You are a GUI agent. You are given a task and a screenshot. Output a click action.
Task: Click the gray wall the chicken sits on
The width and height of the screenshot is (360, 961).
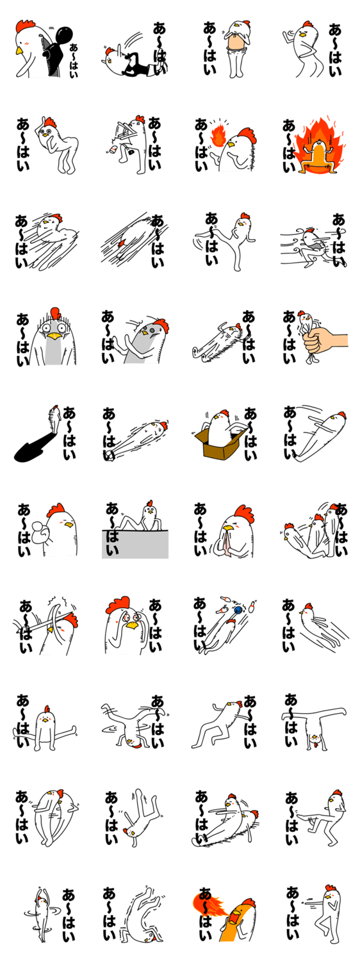pyautogui.click(x=135, y=544)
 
